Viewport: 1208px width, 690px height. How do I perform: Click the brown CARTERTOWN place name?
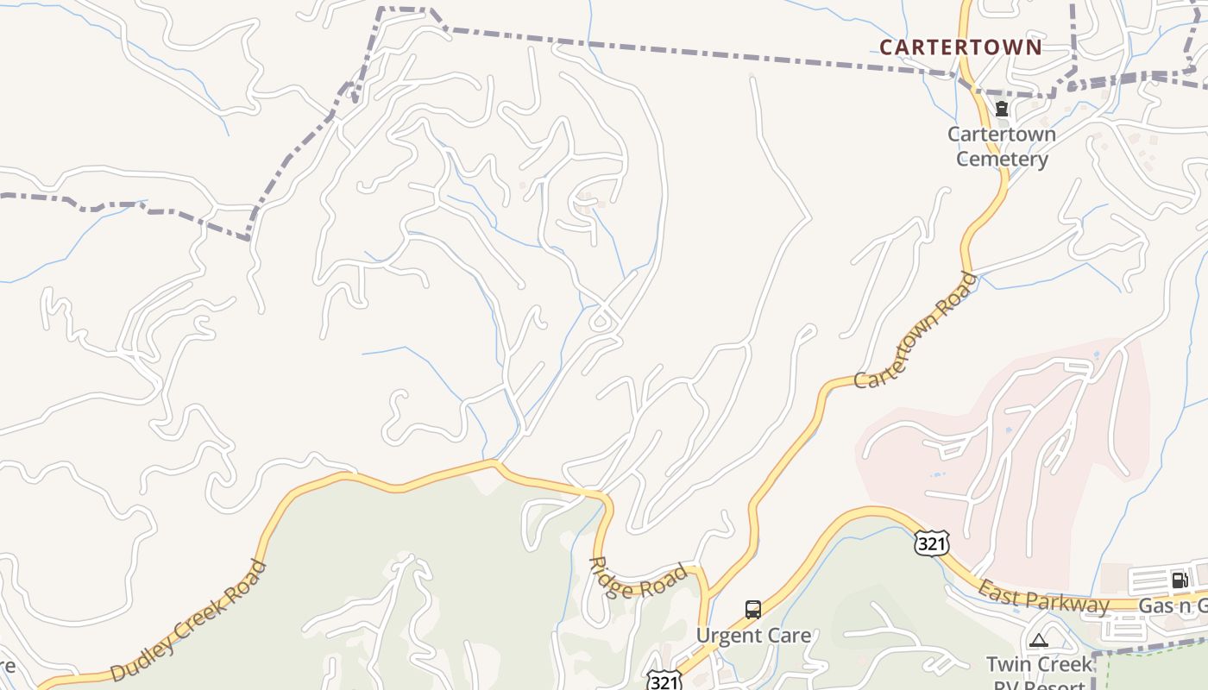[x=960, y=47]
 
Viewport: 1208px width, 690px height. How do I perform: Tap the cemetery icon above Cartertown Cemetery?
[x=1001, y=110]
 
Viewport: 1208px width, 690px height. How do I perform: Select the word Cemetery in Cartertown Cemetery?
[x=1002, y=159]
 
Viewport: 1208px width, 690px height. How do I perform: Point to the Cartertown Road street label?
[x=916, y=330]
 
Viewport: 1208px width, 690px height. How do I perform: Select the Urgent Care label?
[x=753, y=636]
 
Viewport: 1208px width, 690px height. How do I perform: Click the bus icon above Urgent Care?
[x=753, y=610]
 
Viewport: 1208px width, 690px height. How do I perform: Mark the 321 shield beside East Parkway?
[x=933, y=543]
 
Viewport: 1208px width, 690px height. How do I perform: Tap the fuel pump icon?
[x=1180, y=580]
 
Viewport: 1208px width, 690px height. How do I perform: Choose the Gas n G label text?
[x=1172, y=605]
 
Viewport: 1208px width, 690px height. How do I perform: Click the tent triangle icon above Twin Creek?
[x=1038, y=640]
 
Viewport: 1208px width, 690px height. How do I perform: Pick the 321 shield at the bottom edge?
[x=663, y=681]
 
